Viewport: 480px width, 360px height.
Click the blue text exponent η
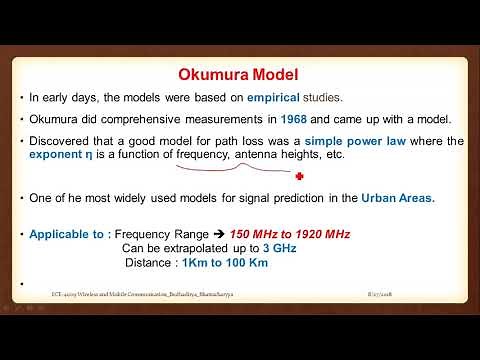point(62,156)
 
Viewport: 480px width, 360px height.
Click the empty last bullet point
point(21,283)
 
